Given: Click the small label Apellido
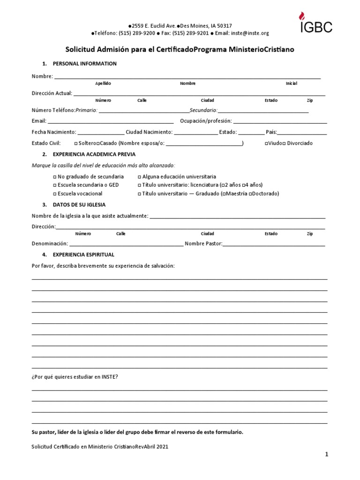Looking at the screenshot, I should click(x=103, y=83).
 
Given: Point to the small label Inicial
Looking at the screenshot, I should click(x=291, y=83).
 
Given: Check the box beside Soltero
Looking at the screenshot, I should click(x=76, y=143).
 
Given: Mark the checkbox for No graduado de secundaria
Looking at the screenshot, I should click(x=55, y=177).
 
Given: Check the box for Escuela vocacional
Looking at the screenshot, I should click(x=55, y=194).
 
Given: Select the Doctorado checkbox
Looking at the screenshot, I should click(x=251, y=194).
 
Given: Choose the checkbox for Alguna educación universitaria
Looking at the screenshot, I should click(x=139, y=177).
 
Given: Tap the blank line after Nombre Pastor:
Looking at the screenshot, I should click(x=274, y=244).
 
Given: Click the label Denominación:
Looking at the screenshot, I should click(x=50, y=244).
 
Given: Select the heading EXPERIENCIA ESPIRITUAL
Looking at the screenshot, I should click(x=84, y=255).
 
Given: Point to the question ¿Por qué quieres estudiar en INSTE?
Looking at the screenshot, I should click(x=75, y=376).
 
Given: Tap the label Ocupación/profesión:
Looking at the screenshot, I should click(x=206, y=121).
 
